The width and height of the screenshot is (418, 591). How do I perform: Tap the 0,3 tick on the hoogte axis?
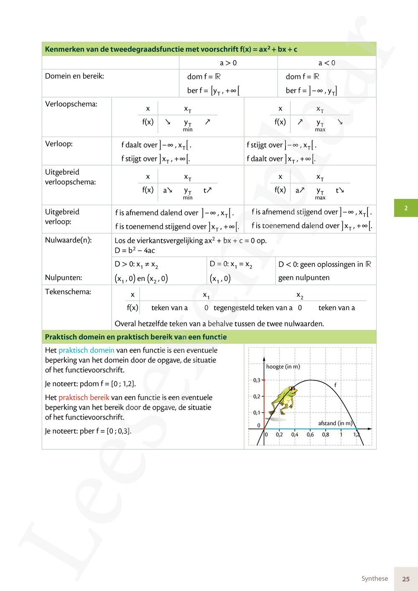pos(257,380)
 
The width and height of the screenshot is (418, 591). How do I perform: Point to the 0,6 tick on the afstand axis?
pos(310,435)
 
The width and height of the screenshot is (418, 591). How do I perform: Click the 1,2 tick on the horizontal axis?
pos(357,435)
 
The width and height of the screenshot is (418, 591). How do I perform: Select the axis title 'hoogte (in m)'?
pos(283,367)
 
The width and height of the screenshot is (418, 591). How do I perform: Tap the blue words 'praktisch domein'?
pos(86,350)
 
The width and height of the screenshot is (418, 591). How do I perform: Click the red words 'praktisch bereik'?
pos(84,397)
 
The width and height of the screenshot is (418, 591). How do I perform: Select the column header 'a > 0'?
pos(228,63)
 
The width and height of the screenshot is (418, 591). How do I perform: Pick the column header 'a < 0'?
pos(326,63)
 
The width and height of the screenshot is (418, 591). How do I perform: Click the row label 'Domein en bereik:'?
pos(74,76)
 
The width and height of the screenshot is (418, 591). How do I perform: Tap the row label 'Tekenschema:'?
pos(68,292)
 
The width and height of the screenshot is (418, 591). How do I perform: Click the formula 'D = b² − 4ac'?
pos(135,250)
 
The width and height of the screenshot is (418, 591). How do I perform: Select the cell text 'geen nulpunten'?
pos(304,278)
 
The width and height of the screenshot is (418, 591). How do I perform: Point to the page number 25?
pos(405,579)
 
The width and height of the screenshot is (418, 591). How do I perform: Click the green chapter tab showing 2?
pos(405,208)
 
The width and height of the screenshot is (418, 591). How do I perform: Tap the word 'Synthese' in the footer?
pos(375,578)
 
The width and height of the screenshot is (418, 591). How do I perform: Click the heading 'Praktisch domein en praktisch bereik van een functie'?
pos(136,337)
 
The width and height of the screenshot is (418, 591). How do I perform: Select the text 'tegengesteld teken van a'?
pos(253,308)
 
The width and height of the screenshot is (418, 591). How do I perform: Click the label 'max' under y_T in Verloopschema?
pos(320,130)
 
